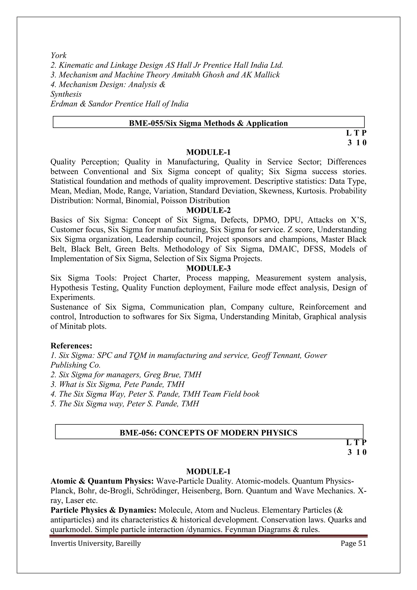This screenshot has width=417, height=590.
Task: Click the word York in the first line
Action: tap(59, 55)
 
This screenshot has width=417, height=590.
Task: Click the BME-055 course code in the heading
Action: tap(146, 123)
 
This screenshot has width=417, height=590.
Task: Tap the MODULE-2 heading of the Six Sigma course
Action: tap(208, 210)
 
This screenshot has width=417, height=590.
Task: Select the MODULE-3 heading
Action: tap(208, 268)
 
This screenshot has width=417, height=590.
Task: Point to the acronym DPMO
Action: tap(266, 220)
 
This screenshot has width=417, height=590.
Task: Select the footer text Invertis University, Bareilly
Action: tap(95, 544)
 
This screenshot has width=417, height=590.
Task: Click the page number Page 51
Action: tap(353, 544)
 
